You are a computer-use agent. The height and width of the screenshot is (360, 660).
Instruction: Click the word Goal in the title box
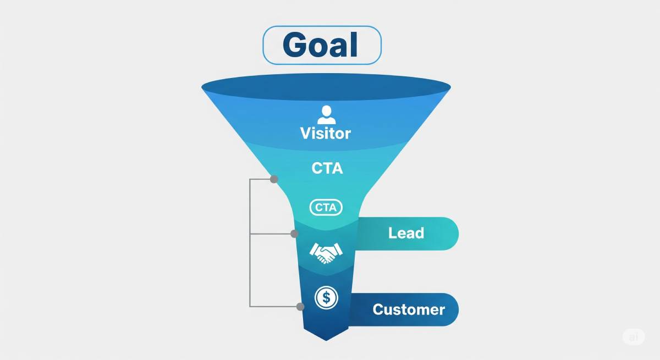click(x=320, y=45)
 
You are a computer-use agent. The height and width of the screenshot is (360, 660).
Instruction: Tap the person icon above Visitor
click(x=327, y=115)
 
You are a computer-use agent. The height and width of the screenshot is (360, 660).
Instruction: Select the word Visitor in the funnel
click(x=326, y=134)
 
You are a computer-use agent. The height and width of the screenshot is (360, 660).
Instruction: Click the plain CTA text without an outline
click(x=327, y=168)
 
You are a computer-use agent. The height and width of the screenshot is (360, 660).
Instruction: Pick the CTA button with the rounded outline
click(x=326, y=208)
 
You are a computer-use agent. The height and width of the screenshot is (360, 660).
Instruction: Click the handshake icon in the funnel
click(x=326, y=253)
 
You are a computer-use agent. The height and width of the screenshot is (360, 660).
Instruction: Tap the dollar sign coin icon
click(x=326, y=297)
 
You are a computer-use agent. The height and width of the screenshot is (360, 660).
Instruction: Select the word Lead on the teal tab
click(x=406, y=233)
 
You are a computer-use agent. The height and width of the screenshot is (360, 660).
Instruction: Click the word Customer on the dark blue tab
click(x=409, y=309)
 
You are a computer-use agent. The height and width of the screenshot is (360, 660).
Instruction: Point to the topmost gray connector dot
click(x=274, y=179)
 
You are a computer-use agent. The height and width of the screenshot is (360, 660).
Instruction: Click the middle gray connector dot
click(x=294, y=234)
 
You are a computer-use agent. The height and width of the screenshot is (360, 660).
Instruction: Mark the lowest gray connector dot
click(x=300, y=307)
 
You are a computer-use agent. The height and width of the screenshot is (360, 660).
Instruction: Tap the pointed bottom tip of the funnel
click(x=326, y=340)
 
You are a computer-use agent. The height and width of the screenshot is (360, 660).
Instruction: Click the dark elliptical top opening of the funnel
click(x=326, y=86)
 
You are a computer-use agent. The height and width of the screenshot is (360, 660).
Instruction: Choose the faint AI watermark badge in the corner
click(x=634, y=337)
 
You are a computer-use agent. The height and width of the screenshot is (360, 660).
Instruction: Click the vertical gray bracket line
click(x=250, y=243)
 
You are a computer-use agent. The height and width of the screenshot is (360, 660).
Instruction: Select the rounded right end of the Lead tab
click(x=451, y=234)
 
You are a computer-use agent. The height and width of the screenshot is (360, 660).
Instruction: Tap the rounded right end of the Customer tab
click(x=451, y=309)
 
